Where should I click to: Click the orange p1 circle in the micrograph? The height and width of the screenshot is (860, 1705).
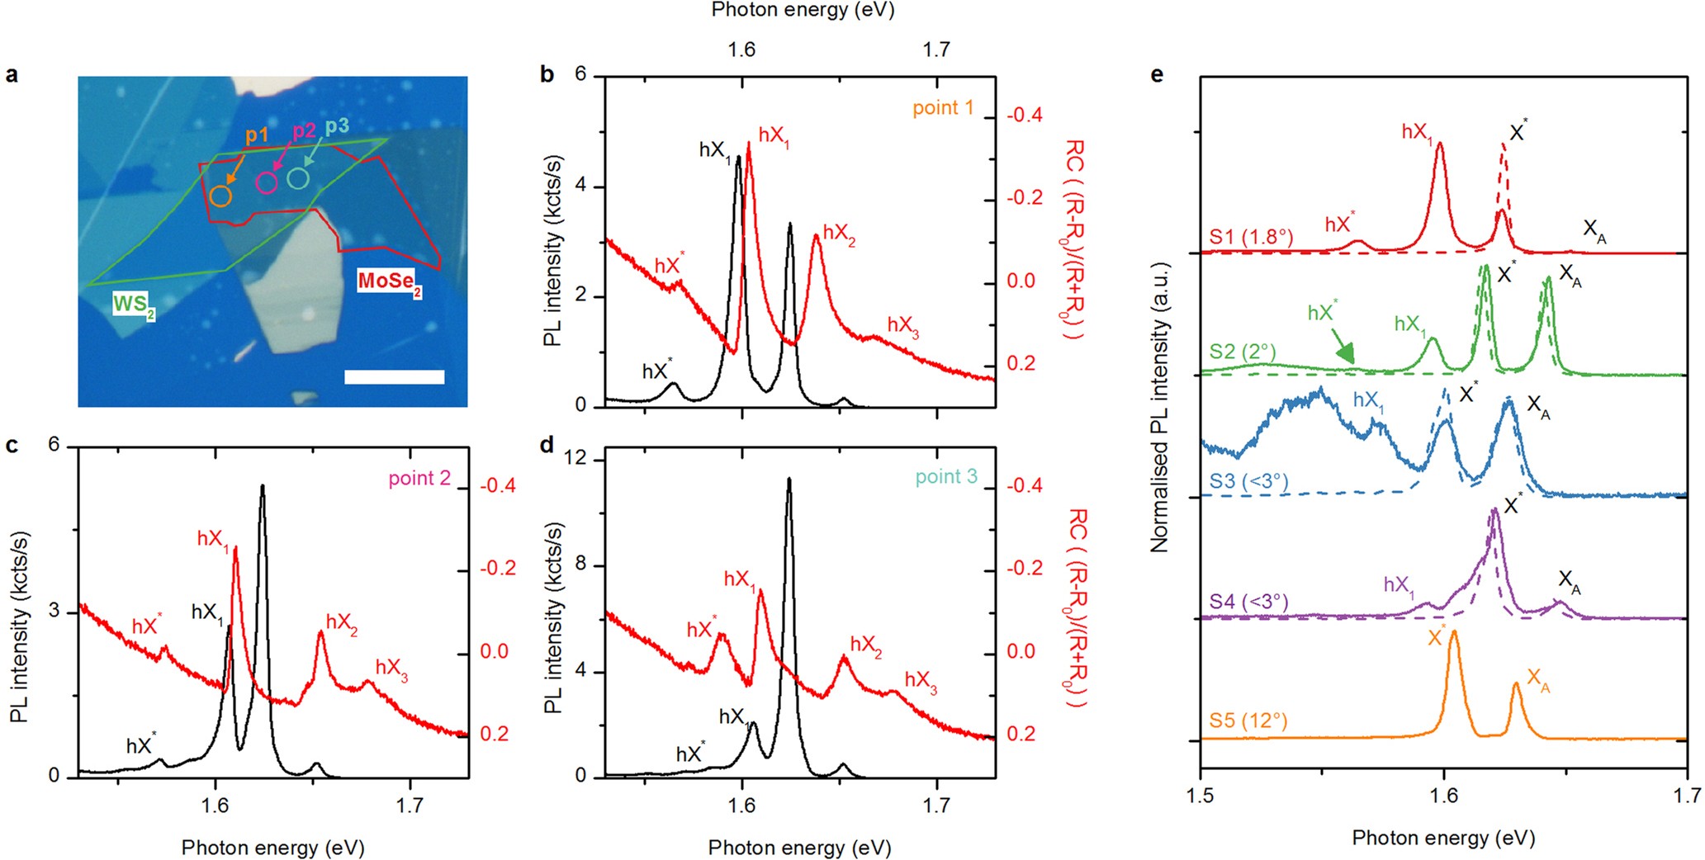coord(220,196)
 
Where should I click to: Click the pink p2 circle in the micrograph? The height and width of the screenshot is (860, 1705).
coord(266,183)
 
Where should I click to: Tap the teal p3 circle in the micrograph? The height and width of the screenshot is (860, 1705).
coord(298,177)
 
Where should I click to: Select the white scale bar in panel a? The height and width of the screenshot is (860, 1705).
coord(394,377)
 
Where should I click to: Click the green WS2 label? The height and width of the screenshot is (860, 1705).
coord(133,305)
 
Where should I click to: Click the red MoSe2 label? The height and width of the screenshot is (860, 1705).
coord(389,281)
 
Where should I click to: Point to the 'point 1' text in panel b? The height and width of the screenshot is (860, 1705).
coord(943,107)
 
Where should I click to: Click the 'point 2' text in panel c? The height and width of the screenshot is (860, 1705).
coord(419,478)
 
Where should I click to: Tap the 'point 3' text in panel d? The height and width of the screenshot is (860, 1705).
coord(945,476)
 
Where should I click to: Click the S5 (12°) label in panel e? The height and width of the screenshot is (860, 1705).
coord(1248,721)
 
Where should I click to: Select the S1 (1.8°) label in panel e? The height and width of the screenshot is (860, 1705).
coord(1251,237)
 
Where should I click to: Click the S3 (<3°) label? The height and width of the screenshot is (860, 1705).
coord(1249,480)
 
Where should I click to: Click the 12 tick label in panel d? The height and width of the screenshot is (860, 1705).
coord(576,458)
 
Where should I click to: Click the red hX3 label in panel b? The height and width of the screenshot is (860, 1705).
coord(902,326)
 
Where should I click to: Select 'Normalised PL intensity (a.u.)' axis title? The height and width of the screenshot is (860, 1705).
coord(1160,408)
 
